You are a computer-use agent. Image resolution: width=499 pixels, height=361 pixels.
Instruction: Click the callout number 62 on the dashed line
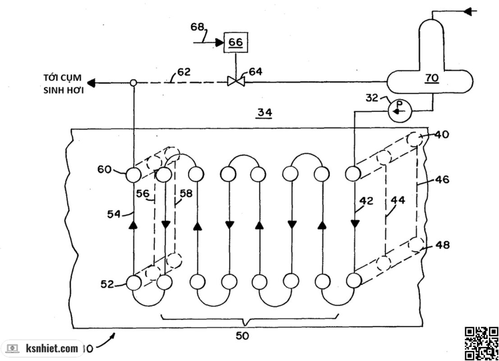click(x=183, y=72)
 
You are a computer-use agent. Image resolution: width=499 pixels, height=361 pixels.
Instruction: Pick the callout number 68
click(x=197, y=27)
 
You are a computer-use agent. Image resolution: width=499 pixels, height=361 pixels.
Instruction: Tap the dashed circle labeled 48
click(x=416, y=244)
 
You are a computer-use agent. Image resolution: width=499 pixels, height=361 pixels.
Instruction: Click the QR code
click(x=481, y=343)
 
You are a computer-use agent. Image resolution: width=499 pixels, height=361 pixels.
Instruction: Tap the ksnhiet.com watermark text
click(x=52, y=348)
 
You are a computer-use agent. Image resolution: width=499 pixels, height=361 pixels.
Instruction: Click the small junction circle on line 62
click(x=133, y=83)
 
